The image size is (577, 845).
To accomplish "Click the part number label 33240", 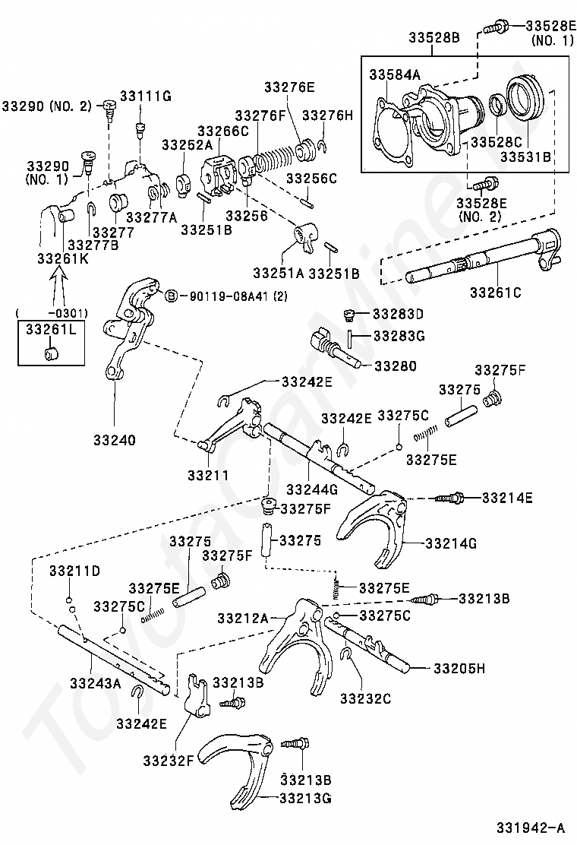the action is point(115,440).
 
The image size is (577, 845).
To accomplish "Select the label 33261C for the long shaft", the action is point(496,293).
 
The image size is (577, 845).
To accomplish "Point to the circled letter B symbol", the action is point(171,296).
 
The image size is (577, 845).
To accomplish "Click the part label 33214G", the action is point(451,543).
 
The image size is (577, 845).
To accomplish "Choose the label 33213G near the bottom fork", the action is point(305,798).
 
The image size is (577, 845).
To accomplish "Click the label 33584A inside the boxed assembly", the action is point(395,75).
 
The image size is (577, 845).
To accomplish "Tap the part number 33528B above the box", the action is point(434,37).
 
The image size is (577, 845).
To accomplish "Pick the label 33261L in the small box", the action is point(51,329).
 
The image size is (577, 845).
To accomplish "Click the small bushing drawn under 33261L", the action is point(51,354).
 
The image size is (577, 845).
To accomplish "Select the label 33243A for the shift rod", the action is point(95,683).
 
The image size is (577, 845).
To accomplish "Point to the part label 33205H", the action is point(459,668).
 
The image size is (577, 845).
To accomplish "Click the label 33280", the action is point(396,366).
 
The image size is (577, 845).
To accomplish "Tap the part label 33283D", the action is point(399,314).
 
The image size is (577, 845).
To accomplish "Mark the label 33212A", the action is point(243,618).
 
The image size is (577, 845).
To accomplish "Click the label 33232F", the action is point(168,761).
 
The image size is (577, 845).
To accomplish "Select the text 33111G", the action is point(145,96).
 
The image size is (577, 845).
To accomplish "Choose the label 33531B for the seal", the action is point(525,157).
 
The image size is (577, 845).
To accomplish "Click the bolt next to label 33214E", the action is point(449,498).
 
